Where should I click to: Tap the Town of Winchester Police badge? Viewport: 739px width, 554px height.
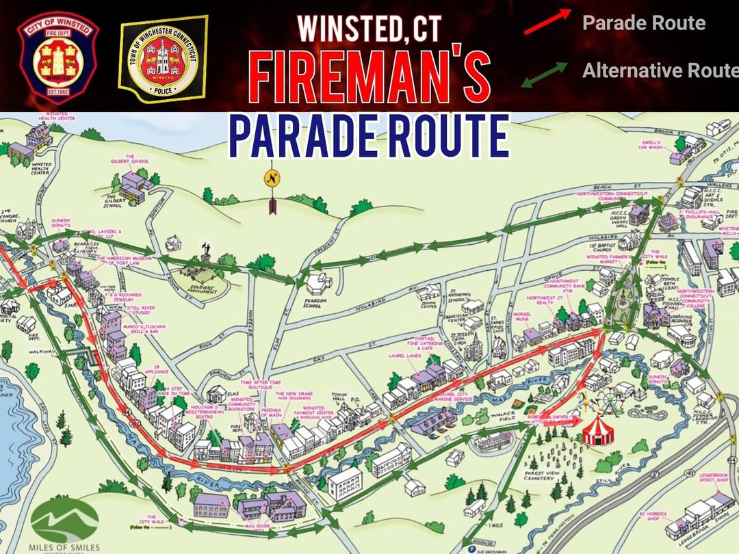pyautogui.click(x=164, y=60)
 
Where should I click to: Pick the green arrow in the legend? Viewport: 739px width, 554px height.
pyautogui.click(x=545, y=74)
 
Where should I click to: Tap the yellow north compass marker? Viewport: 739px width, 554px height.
pyautogui.click(x=272, y=180)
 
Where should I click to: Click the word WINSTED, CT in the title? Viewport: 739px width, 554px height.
pyautogui.click(x=369, y=28)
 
